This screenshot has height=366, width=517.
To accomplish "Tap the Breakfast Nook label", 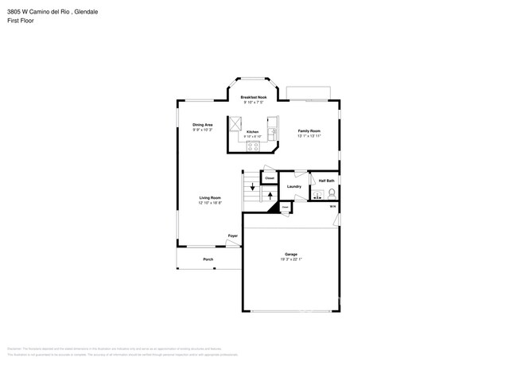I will [254, 97].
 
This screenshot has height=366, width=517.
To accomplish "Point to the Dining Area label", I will [202, 125].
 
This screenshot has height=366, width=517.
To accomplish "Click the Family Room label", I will [309, 130].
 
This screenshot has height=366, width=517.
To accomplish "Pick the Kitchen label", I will [252, 131].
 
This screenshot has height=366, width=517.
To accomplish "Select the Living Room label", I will [210, 197].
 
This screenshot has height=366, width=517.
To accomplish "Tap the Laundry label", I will [293, 186].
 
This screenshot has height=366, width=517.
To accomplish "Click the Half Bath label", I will [326, 181].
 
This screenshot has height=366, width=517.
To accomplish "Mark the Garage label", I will [291, 254].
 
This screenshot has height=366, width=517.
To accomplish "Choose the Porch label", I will [208, 259].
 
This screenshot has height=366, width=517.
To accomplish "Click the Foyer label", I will [233, 236].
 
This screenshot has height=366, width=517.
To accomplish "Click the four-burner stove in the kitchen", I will [253, 145].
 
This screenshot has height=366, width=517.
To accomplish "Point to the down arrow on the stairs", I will [252, 188].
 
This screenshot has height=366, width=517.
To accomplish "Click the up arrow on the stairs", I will [270, 194].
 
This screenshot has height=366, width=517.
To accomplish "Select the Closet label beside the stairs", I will [269, 178].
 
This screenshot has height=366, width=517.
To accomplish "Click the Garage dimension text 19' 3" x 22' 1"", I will [291, 259].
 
